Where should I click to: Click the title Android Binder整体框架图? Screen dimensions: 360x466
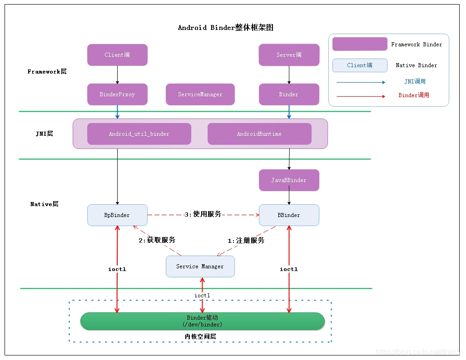225,28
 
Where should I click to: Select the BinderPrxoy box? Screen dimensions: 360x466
117,94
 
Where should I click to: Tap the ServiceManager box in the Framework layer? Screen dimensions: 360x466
200,94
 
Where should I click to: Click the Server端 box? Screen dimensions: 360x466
289,55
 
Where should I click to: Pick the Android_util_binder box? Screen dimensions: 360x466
139,134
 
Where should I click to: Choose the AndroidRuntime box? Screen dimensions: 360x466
259,134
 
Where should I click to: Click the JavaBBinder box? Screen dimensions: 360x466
289,180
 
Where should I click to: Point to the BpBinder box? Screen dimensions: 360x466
117,215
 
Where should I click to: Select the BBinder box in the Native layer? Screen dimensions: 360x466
289,215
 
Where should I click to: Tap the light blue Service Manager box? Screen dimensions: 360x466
200,266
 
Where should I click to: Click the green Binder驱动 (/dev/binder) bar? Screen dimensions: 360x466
203,321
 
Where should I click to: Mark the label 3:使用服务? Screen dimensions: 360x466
203,214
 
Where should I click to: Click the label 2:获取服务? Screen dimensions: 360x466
157,240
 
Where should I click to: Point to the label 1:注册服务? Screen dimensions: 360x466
246,241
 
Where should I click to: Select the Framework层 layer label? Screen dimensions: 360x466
47,72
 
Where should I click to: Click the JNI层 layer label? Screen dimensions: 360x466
44,134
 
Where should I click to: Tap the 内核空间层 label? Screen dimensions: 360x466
200,336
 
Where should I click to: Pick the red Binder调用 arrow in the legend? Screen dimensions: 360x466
361,96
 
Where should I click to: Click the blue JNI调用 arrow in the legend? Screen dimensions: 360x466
361,83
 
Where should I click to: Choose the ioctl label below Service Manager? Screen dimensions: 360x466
202,296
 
